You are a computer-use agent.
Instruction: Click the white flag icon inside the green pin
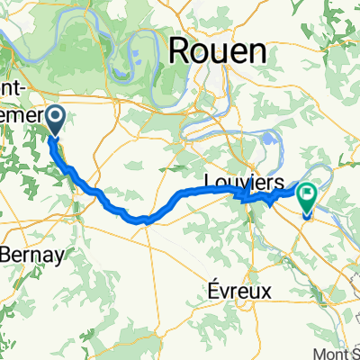pos(307,192)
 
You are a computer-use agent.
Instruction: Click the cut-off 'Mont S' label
pos(337,354)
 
